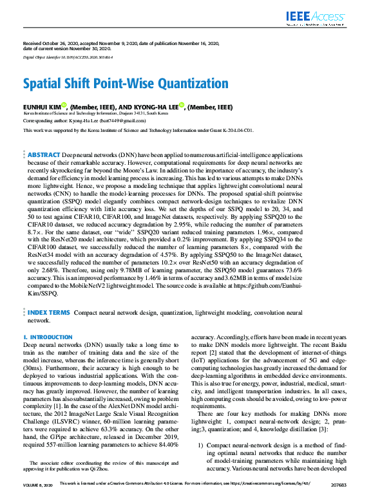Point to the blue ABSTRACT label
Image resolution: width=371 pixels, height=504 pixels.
coord(43,155)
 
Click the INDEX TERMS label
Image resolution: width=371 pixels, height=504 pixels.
coord(49,312)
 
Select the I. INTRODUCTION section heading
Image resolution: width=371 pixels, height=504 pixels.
coord(48,337)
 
